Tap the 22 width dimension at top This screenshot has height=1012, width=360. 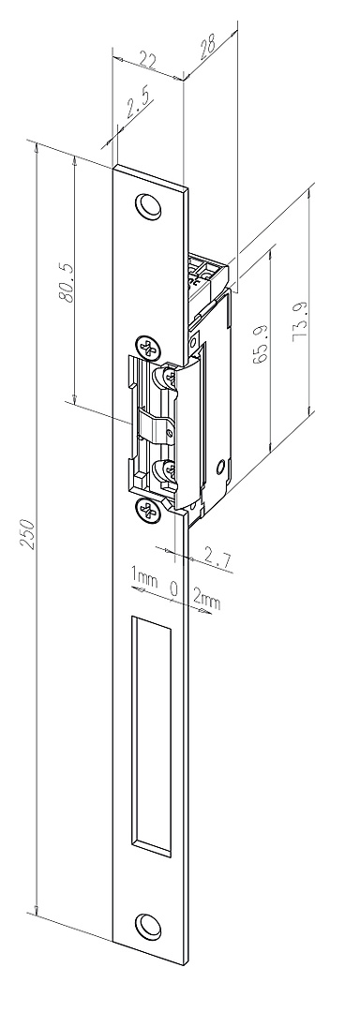click(148, 61)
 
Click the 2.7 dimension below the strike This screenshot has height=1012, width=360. click(217, 557)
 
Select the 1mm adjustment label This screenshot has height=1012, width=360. click(144, 577)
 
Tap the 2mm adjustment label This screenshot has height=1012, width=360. click(207, 600)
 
